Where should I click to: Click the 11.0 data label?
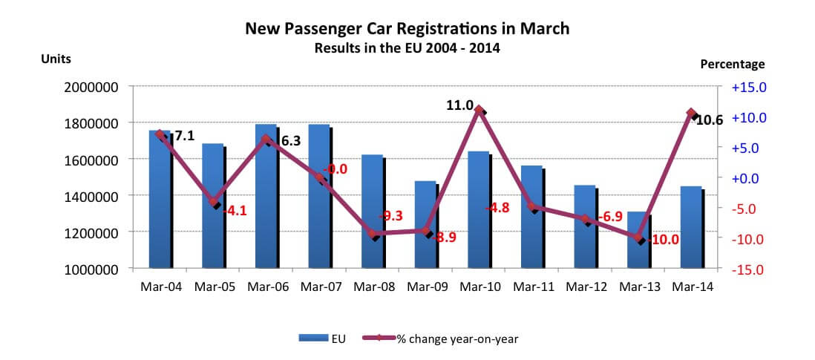(459, 106)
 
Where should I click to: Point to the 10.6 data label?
(710, 120)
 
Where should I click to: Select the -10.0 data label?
(664, 240)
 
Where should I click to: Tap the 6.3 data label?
(290, 140)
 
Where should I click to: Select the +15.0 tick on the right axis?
(747, 87)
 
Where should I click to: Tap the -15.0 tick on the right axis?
(747, 269)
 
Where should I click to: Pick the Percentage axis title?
(732, 65)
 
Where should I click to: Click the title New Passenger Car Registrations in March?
(407, 29)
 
